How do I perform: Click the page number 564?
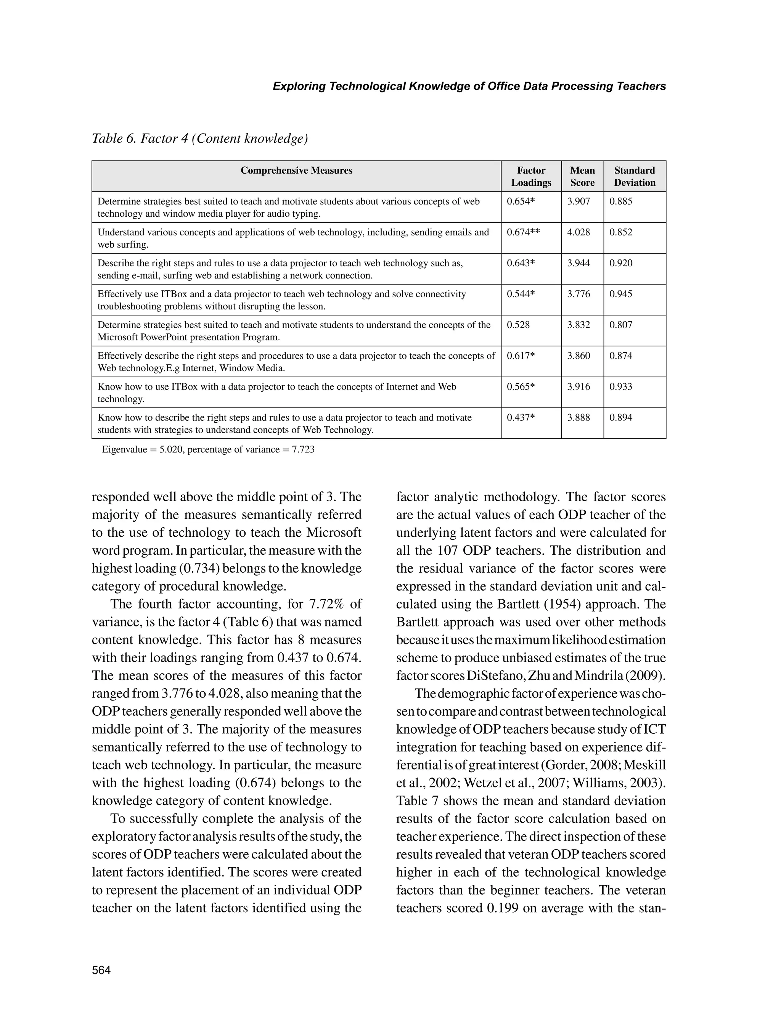point(101,970)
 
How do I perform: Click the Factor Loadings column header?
point(531,176)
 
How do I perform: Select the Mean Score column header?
point(582,176)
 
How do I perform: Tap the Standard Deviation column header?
point(634,176)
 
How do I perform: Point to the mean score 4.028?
point(579,232)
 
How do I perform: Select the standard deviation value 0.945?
point(620,294)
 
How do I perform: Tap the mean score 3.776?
point(579,294)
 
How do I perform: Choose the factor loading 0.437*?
point(521,417)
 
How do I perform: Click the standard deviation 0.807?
point(620,325)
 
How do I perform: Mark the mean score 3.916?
point(579,386)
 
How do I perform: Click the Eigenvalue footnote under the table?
point(208,449)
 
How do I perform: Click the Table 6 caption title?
point(200,138)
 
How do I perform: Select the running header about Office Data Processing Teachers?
point(469,86)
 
